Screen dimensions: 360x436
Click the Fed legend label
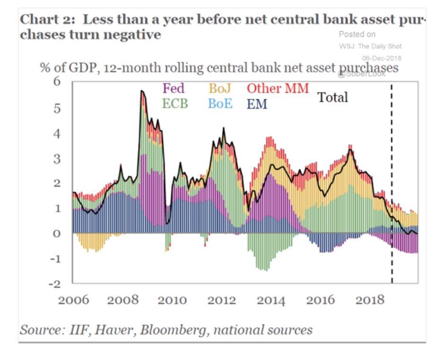(174, 88)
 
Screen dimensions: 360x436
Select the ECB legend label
(175, 103)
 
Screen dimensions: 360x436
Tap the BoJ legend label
(220, 88)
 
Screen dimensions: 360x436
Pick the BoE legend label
(220, 103)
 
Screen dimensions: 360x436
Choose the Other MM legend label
(278, 88)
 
